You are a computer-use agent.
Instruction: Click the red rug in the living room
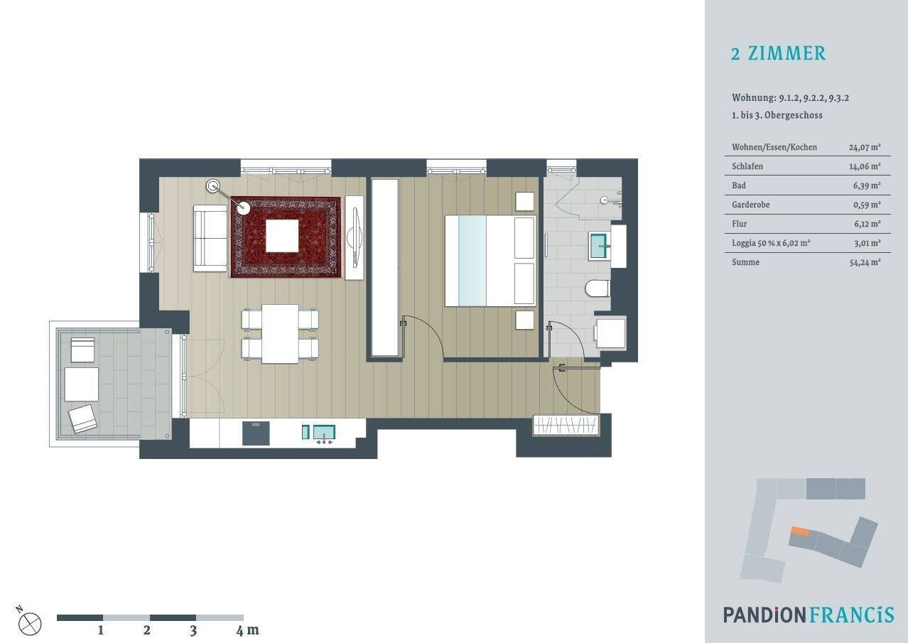point(286,237)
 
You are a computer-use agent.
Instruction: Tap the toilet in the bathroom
point(598,288)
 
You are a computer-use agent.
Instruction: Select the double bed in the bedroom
point(490,261)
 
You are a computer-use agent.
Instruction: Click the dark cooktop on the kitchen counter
point(256,433)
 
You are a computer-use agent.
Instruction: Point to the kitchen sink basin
point(324,432)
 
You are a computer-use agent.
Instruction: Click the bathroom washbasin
point(599,245)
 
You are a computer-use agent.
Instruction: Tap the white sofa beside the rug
point(210,238)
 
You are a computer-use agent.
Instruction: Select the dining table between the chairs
point(280,334)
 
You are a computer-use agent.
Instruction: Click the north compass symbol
point(30,623)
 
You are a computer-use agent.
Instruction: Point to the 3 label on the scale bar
point(193,630)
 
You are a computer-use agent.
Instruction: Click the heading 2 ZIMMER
point(778,53)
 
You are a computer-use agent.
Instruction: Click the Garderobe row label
point(751,205)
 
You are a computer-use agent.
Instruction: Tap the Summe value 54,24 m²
point(865,262)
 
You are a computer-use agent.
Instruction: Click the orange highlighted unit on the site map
point(800,531)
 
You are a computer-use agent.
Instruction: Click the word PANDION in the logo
point(765,615)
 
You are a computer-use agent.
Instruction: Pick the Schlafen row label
point(747,166)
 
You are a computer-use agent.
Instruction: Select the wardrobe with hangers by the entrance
point(566,425)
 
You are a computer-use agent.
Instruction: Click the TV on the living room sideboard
point(355,237)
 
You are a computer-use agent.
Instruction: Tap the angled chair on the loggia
point(82,418)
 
